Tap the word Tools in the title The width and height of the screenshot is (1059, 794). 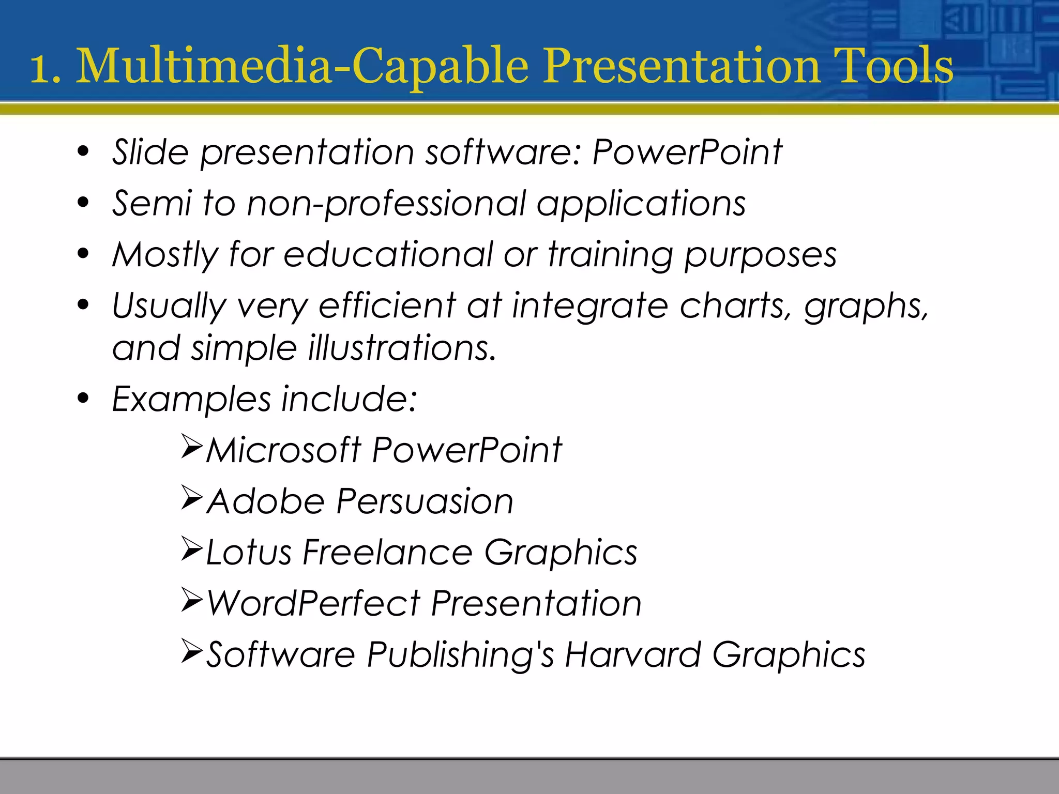(x=894, y=66)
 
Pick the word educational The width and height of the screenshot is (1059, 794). (x=388, y=254)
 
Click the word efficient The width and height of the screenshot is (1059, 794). (x=387, y=306)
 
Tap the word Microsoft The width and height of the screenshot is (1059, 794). (x=283, y=450)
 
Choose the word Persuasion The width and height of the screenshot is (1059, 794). (x=425, y=501)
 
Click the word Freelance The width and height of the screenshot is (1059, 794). (x=387, y=552)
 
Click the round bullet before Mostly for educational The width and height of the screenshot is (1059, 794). (x=83, y=254)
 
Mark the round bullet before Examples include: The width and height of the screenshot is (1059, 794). (x=83, y=399)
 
